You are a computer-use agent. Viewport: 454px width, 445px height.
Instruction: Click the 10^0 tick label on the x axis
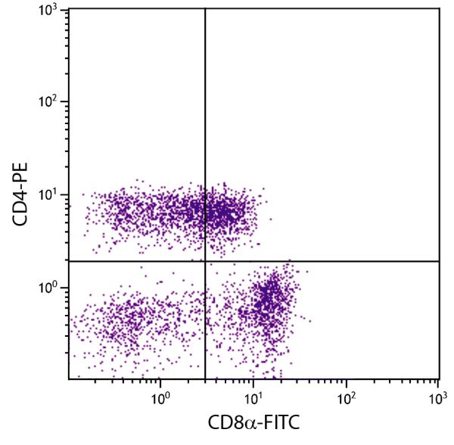coord(160,396)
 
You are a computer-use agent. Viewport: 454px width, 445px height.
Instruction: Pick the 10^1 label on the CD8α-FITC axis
coord(253,396)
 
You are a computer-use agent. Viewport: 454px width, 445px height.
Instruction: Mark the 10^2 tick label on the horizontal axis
coord(346,396)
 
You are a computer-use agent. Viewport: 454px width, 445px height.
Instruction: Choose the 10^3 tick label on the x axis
coord(437,396)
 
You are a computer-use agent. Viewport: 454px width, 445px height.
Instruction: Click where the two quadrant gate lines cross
coord(205,261)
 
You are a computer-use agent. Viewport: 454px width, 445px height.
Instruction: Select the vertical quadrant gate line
coord(205,114)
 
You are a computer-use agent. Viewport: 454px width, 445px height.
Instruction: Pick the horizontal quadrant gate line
coord(340,261)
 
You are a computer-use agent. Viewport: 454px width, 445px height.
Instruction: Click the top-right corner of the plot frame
coord(440,9)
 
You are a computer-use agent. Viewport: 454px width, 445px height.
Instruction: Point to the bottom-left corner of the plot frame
coord(69,379)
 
